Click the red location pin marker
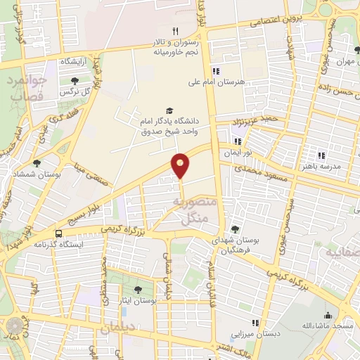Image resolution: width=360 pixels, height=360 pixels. pyautogui.click(x=181, y=165)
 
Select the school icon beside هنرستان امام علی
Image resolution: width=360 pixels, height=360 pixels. pyautogui.click(x=216, y=71)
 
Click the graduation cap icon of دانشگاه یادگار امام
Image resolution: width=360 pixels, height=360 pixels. pyautogui.click(x=168, y=110)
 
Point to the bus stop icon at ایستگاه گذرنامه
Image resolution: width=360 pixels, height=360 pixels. pyautogui.click(x=58, y=233)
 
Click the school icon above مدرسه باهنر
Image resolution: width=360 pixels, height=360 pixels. pyautogui.click(x=321, y=155)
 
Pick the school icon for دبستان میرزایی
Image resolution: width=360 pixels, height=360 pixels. pyautogui.click(x=255, y=323)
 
